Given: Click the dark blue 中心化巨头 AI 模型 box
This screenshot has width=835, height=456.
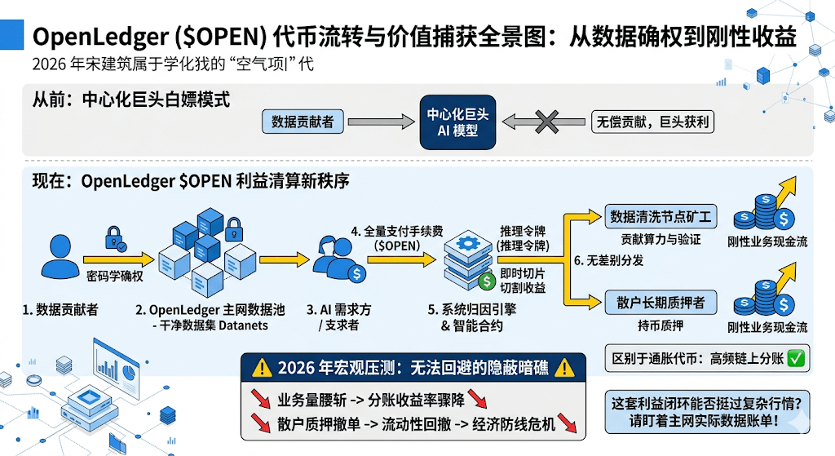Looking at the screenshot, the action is (x=457, y=122).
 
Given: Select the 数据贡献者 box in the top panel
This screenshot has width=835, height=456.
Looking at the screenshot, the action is (x=303, y=122).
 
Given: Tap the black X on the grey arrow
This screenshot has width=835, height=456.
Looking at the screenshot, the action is (x=547, y=122).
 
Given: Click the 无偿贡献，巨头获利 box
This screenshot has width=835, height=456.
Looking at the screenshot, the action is (x=652, y=122).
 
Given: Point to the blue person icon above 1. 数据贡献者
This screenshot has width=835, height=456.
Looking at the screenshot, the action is (x=60, y=256).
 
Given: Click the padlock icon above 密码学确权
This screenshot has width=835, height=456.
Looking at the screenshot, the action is (x=114, y=238).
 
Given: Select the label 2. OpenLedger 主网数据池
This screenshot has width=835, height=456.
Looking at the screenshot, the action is (x=210, y=309).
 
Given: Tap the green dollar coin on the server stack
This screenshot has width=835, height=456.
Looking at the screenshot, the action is (x=487, y=281).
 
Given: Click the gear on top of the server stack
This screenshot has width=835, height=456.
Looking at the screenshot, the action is (x=468, y=243).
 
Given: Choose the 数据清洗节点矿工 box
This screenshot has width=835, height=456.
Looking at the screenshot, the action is (x=660, y=217).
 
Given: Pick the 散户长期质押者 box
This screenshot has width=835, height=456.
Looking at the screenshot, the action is (x=660, y=303).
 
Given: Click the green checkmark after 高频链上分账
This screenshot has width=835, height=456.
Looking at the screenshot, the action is (x=796, y=358).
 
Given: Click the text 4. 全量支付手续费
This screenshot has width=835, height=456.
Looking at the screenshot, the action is (x=397, y=231).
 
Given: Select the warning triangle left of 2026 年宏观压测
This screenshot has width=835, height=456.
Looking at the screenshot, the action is (x=262, y=368).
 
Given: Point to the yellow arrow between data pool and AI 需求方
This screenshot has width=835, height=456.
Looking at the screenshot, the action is (x=285, y=260).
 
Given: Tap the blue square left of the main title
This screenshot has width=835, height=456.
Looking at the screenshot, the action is (x=11, y=34).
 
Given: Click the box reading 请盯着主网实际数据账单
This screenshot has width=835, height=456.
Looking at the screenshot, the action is (x=707, y=412).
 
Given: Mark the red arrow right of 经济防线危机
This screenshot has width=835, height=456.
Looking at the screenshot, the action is (x=568, y=423).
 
